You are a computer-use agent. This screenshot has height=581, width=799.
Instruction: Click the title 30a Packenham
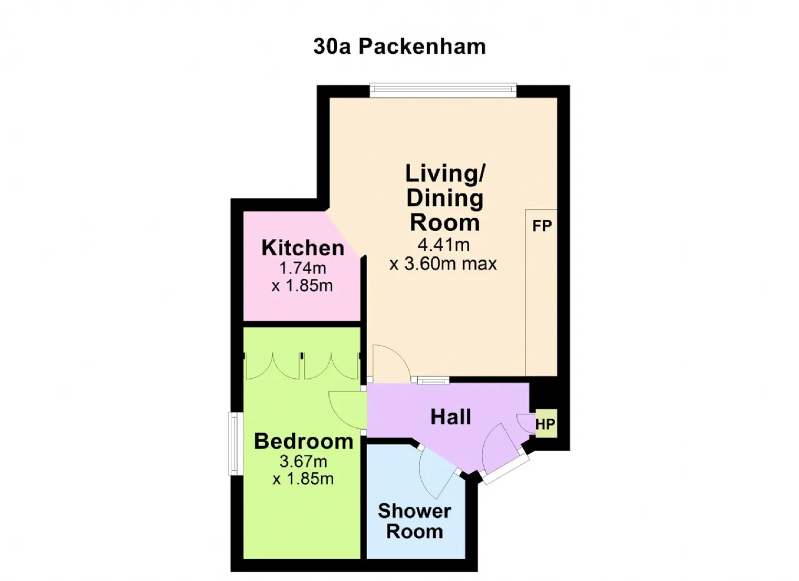pos(399,47)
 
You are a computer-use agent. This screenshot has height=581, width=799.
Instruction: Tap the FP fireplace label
pos(542,226)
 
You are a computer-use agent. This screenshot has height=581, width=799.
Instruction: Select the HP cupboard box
pos(546,423)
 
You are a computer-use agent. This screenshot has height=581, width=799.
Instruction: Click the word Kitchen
pos(303,248)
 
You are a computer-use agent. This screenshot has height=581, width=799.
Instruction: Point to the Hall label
pos(451,417)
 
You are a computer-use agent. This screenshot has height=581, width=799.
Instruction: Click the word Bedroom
pos(303,441)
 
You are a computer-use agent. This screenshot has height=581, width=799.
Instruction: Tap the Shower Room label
pos(414,521)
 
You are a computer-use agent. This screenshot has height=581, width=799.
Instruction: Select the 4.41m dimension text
pos(443,245)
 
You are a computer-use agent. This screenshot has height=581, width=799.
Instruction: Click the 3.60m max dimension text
pos(443,264)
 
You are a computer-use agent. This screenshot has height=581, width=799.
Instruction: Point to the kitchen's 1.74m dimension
pos(303,268)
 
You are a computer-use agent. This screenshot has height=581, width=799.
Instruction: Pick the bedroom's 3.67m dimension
pos(303,462)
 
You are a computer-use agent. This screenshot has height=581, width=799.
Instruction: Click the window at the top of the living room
pos(443,90)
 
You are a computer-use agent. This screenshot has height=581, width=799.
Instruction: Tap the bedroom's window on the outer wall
pos(235,444)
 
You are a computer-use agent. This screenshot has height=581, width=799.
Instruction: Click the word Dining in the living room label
pos(445,198)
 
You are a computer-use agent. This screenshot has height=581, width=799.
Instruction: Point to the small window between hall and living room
pos(433,381)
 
